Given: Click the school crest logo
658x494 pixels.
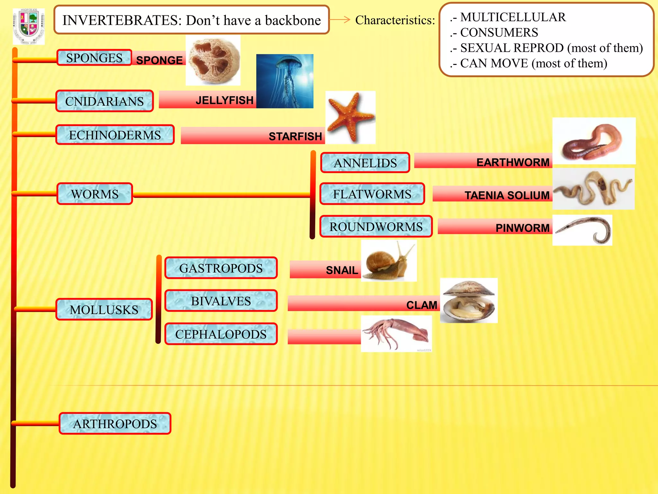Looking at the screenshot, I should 29,26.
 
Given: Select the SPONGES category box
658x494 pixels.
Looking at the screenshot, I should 94,58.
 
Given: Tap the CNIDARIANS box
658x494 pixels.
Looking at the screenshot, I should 104,101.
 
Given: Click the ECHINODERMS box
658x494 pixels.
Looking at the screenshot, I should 115,135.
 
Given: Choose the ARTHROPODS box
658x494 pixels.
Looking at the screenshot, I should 115,424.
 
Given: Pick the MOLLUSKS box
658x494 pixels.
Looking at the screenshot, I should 104,310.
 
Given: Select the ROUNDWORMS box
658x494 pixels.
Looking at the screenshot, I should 376,227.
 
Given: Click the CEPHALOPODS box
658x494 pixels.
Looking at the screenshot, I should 221,334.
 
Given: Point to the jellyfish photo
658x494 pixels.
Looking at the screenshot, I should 285,81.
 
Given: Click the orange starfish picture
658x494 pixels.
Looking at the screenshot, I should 350,117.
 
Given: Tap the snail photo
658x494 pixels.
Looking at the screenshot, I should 389,261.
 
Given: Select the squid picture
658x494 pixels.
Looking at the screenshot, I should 396,334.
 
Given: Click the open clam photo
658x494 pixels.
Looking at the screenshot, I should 468,300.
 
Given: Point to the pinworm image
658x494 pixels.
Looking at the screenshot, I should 582,230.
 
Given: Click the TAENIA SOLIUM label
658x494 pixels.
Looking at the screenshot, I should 507,195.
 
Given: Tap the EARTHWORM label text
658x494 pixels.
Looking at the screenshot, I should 513,162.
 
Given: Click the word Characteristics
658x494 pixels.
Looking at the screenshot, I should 395,20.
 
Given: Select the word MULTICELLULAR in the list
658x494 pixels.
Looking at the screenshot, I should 513,17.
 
